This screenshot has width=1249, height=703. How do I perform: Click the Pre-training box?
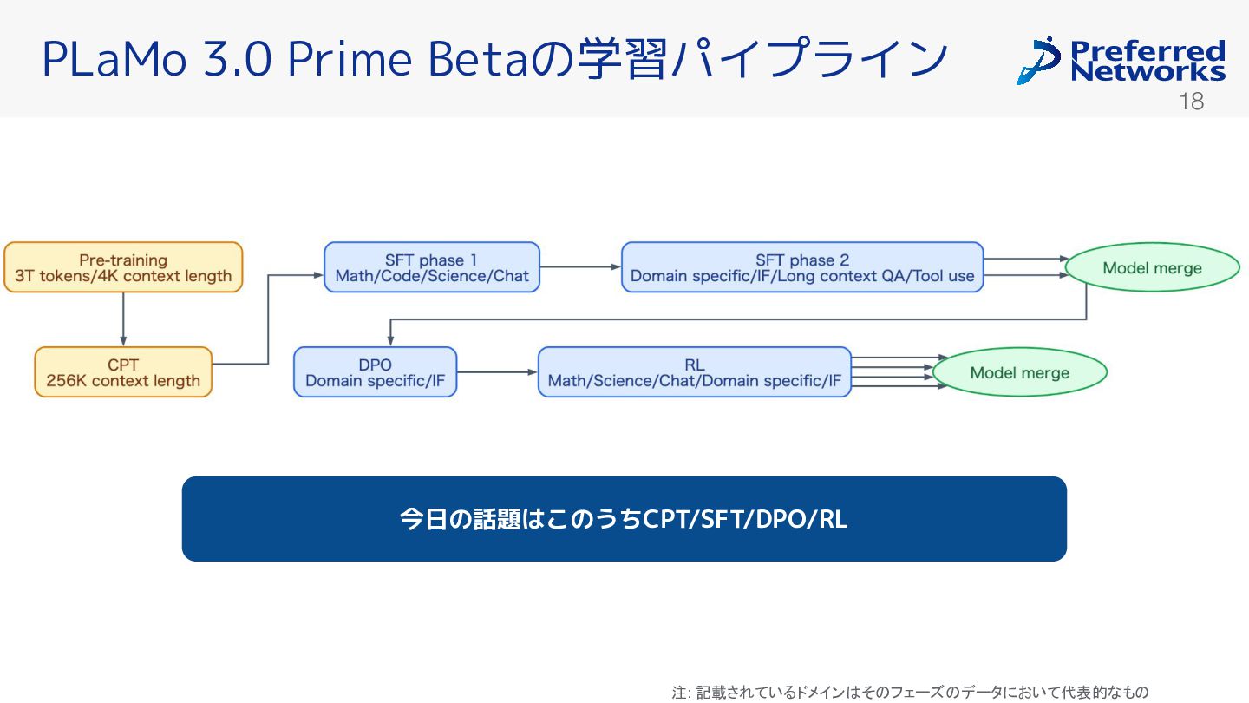(x=123, y=267)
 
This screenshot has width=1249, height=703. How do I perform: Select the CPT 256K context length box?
(x=123, y=372)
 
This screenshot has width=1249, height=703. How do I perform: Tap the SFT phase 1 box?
(x=432, y=267)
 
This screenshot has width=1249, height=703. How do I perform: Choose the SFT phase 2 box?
(x=802, y=267)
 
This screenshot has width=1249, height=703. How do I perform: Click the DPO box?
(x=375, y=372)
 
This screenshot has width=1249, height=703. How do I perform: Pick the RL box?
(x=694, y=372)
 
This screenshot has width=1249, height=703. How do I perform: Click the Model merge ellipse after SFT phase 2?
(x=1152, y=267)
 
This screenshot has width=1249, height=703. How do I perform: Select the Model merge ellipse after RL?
(x=1019, y=373)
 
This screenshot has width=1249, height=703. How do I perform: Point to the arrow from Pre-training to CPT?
(x=123, y=319)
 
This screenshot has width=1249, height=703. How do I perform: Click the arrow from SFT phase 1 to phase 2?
(x=580, y=267)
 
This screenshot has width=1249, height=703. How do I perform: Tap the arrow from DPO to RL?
(x=497, y=372)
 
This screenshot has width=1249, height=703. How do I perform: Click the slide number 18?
(x=1192, y=102)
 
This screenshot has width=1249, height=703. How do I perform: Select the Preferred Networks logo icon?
(x=1037, y=61)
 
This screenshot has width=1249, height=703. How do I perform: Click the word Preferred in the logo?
(x=1148, y=49)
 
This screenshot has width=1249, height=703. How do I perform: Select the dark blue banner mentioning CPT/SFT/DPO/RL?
(x=624, y=519)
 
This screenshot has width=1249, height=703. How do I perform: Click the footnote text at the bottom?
(x=910, y=692)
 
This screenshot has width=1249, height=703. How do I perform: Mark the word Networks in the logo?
(x=1148, y=71)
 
